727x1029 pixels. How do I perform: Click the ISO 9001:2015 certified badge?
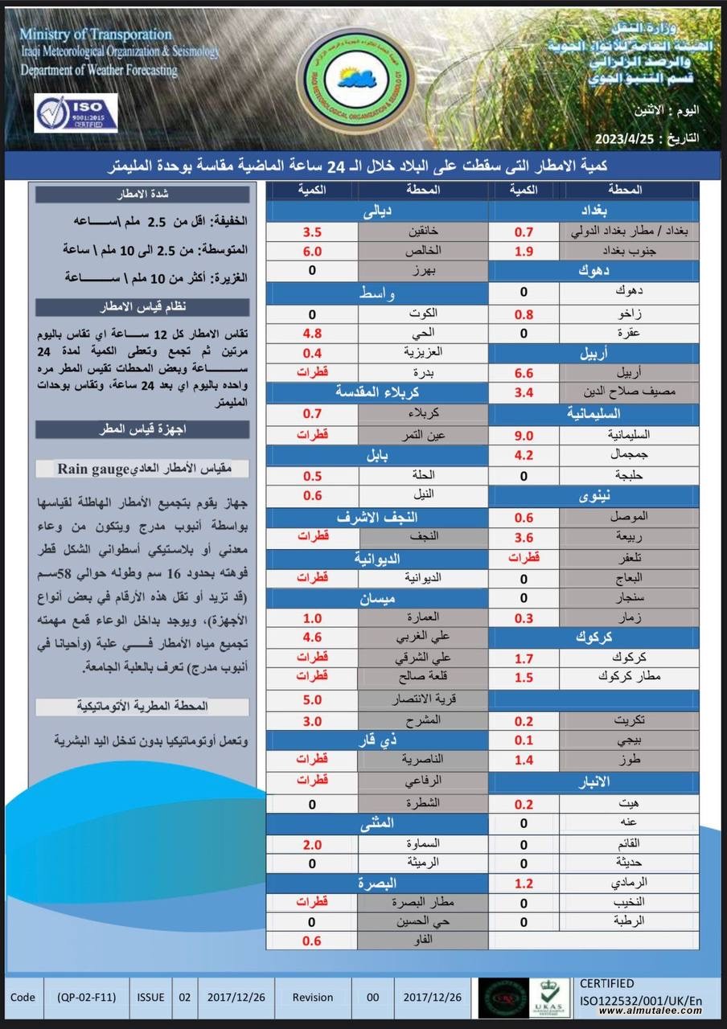[76, 113]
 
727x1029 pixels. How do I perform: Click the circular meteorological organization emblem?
[362, 78]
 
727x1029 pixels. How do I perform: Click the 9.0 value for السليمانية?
[524, 435]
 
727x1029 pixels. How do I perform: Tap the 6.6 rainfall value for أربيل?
[524, 373]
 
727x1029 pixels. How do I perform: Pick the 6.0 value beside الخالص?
[312, 251]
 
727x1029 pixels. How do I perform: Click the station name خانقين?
[423, 232]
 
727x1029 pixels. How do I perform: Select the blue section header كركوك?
[594, 637]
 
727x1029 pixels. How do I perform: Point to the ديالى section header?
[377, 212]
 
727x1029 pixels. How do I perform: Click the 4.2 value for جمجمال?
[524, 455]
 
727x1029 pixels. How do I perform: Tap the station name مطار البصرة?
[423, 902]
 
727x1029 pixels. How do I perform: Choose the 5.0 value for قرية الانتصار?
[312, 699]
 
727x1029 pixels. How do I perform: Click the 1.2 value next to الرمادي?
[524, 883]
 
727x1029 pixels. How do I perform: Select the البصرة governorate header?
[377, 883]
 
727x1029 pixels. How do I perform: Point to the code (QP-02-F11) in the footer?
[87, 997]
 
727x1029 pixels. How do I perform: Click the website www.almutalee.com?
[651, 1011]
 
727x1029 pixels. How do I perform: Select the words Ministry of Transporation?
[96, 35]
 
